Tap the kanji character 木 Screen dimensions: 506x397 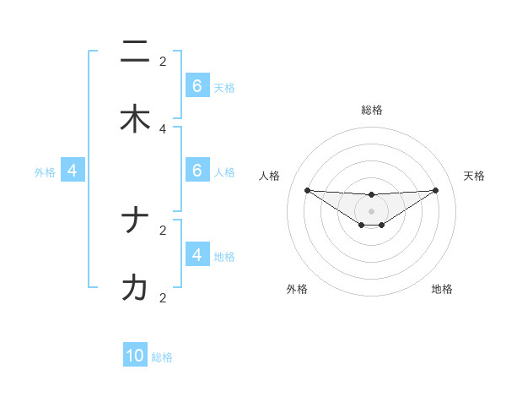135,119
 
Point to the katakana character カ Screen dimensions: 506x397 135,288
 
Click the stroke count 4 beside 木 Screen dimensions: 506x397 163,128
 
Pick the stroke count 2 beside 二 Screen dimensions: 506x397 163,61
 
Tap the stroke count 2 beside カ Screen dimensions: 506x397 163,297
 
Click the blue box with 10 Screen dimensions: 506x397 135,356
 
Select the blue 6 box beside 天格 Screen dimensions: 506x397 197,86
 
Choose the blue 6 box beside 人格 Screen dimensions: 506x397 197,171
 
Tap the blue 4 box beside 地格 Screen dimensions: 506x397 197,254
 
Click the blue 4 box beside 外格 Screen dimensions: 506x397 73,171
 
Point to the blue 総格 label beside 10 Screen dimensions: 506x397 162,357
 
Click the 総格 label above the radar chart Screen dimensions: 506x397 371,110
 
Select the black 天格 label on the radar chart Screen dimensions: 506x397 475,176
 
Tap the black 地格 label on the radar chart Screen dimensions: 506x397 442,289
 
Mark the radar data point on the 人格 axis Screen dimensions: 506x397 307,190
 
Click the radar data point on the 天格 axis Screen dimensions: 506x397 435,190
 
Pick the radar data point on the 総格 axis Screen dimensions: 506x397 371,195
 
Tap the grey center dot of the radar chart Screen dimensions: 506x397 371,211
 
